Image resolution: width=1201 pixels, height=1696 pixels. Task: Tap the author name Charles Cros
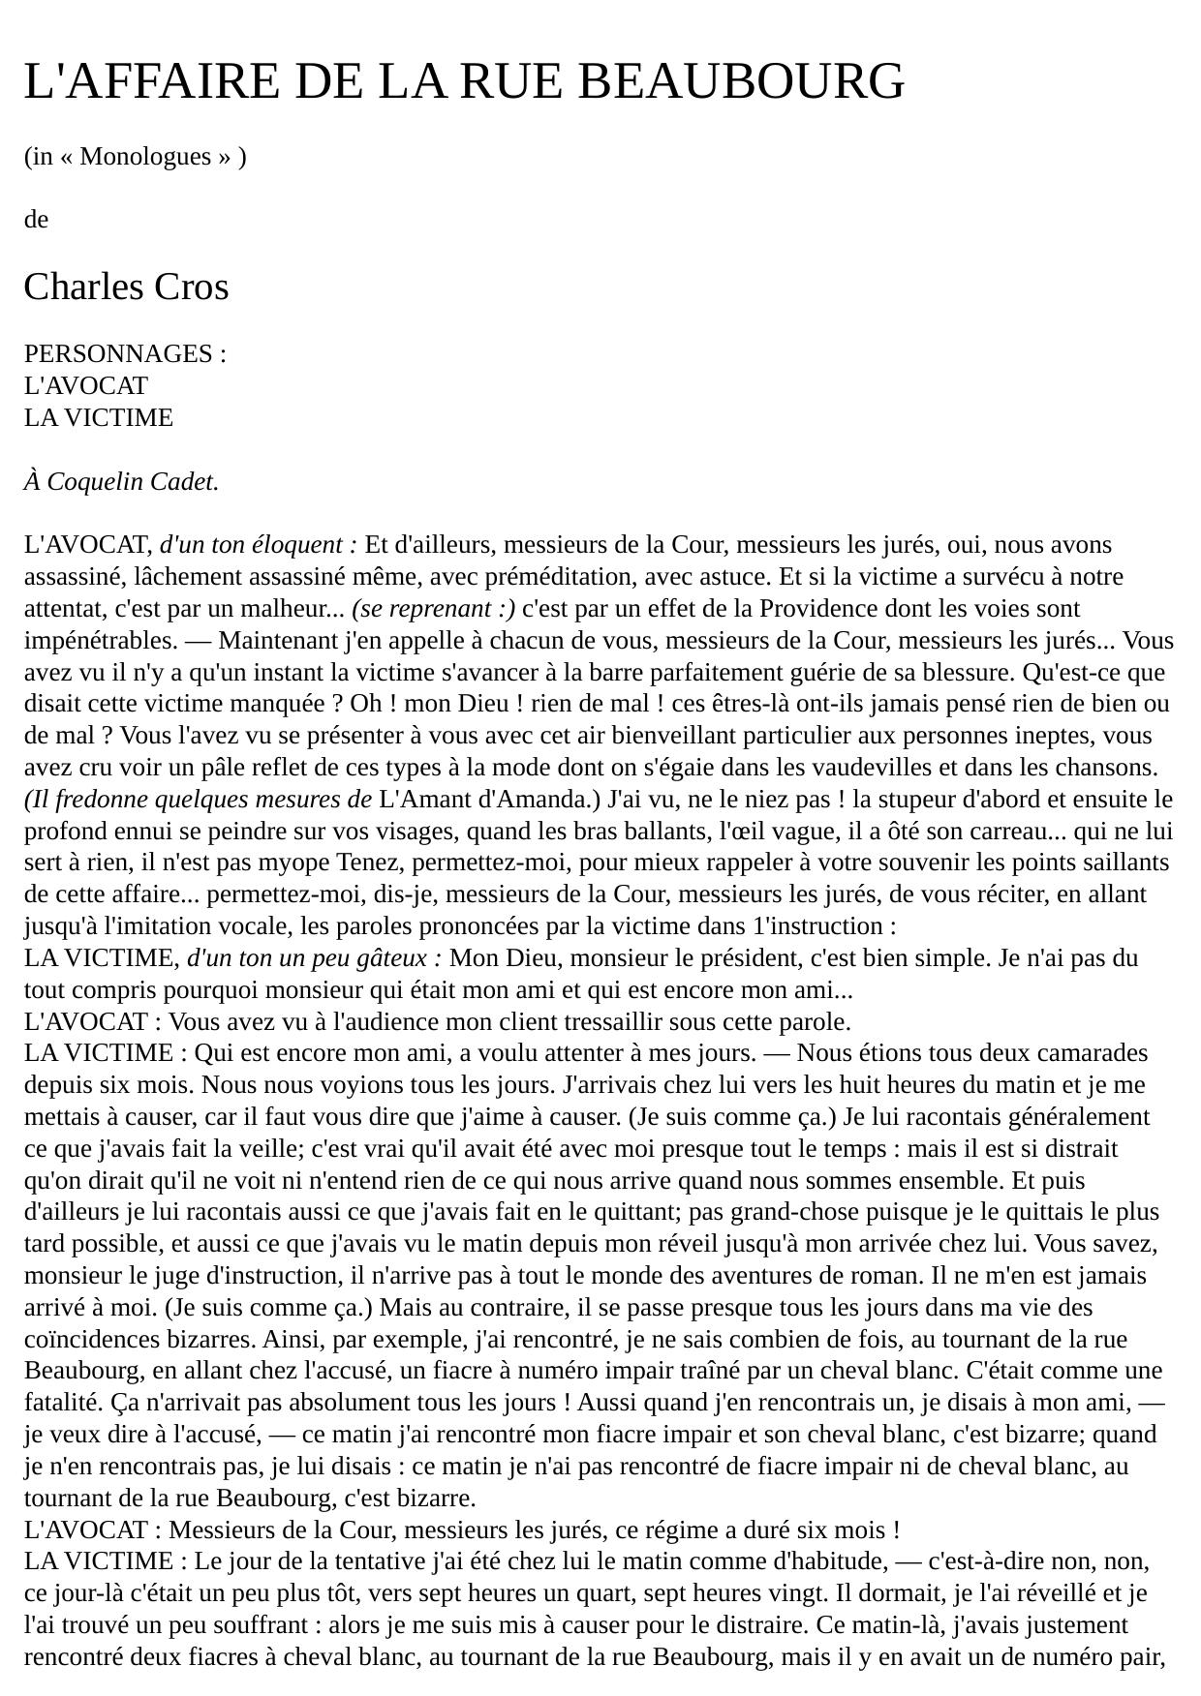126,288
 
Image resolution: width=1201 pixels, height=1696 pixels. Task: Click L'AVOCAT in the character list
86,386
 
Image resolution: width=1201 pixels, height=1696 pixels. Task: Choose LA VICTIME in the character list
99,418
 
